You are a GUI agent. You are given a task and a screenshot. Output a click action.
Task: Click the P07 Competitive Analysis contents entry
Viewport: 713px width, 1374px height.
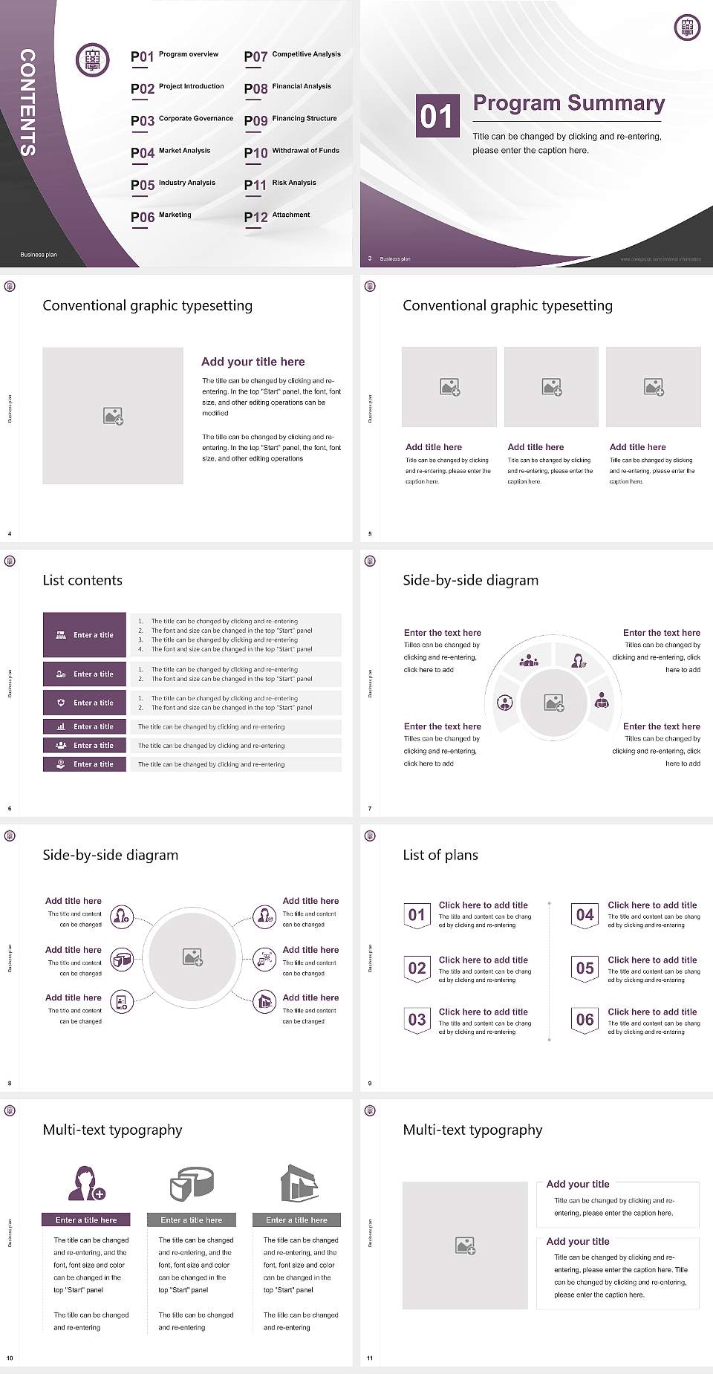[x=292, y=56]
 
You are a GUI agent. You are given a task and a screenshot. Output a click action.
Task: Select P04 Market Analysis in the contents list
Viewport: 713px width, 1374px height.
[x=171, y=152]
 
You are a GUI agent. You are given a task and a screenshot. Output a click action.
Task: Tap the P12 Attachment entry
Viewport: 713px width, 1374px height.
[x=277, y=216]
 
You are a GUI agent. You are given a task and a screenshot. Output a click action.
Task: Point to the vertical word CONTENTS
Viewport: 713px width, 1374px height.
[x=27, y=102]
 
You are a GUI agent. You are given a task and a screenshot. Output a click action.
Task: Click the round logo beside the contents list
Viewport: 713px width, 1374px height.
[x=93, y=60]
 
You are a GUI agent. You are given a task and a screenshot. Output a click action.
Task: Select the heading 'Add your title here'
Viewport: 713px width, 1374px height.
[x=253, y=362]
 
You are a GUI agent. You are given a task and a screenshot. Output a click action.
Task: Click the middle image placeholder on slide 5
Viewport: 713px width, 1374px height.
[x=551, y=387]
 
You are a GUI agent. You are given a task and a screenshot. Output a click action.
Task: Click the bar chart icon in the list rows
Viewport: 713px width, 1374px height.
[x=61, y=726]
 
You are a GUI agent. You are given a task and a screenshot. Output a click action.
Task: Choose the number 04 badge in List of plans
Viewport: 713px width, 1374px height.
[x=585, y=915]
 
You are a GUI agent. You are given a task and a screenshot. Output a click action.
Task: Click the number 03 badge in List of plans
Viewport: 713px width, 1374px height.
[x=417, y=1020]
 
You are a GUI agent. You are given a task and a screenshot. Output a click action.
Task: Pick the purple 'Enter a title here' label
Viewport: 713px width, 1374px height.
[x=86, y=1220]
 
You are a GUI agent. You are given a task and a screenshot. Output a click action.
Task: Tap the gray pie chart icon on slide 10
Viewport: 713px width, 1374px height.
[x=192, y=1183]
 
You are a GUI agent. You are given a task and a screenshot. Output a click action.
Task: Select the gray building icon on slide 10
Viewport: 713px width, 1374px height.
[x=299, y=1182]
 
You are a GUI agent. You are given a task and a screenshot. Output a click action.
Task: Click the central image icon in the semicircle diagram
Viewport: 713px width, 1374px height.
[x=554, y=703]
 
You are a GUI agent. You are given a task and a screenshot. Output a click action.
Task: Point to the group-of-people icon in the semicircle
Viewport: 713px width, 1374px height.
[x=529, y=660]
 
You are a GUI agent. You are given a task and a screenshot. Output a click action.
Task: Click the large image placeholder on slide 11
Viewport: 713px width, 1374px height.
[x=465, y=1246]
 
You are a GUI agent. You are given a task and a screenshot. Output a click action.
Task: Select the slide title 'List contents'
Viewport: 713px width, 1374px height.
[x=82, y=580]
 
